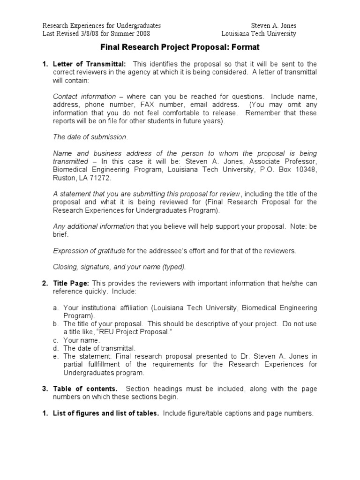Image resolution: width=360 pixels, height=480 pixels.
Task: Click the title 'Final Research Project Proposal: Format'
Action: pyautogui.click(x=180, y=47)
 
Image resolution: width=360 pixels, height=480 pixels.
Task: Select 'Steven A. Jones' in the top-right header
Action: pyautogui.click(x=273, y=25)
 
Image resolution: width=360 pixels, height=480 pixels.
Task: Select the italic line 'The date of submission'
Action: pyautogui.click(x=90, y=137)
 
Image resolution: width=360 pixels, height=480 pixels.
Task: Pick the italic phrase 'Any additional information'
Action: pyautogui.click(x=94, y=226)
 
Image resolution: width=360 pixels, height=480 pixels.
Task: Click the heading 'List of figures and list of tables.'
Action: pyautogui.click(x=106, y=413)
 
